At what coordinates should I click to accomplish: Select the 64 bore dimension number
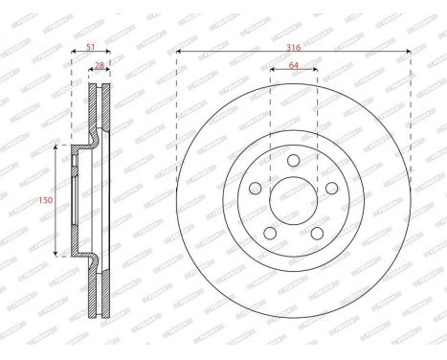294,66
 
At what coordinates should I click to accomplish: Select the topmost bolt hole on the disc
294,159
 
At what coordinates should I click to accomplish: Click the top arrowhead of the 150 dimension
56,146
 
